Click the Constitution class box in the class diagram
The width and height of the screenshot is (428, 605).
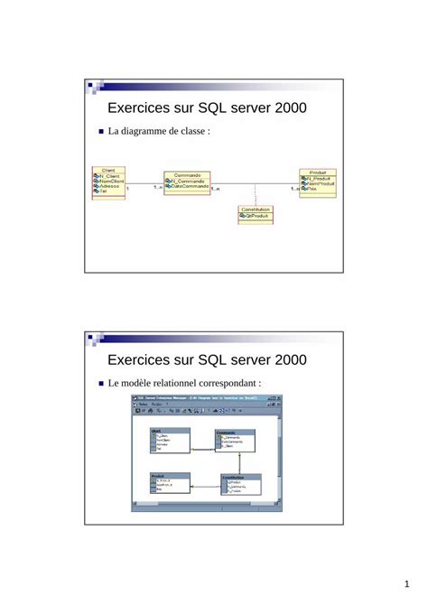[255, 214]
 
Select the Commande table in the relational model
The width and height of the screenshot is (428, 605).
[235, 440]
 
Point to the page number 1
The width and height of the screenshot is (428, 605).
[408, 582]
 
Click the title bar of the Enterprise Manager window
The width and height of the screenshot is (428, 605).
[208, 397]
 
